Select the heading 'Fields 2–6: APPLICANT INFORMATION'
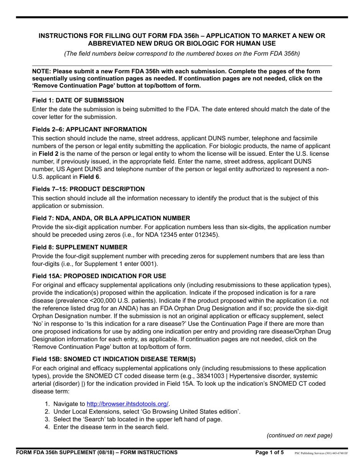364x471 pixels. click(x=89, y=129)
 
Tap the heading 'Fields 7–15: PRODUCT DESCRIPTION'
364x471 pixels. click(x=88, y=189)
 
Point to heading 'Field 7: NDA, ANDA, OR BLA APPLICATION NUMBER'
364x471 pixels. click(x=111, y=218)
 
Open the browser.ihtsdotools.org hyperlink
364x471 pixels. click(x=128, y=404)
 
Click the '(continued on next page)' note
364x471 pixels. click(x=299, y=435)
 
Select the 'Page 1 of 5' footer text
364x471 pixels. click(x=270, y=453)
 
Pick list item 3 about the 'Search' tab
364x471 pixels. click(x=138, y=419)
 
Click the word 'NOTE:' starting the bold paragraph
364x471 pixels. click(x=41, y=71)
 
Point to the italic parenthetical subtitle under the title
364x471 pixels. click(x=182, y=54)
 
